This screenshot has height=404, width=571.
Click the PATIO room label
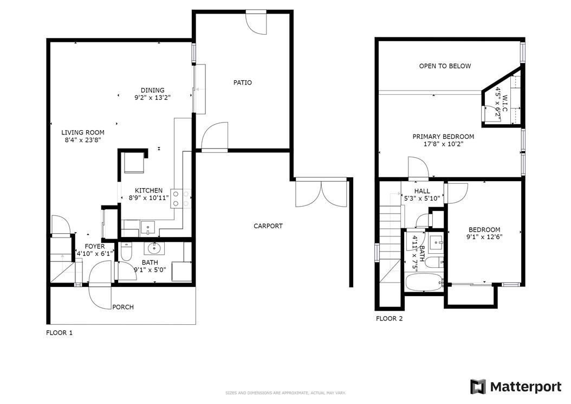[243, 82]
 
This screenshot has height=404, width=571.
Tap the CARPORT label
[268, 226]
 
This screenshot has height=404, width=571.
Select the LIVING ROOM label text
[83, 132]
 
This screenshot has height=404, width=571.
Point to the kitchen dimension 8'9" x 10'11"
[148, 198]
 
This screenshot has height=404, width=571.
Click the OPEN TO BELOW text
[445, 66]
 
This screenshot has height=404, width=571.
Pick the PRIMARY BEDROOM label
[443, 136]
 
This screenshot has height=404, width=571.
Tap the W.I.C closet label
[505, 104]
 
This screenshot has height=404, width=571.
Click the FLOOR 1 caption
[60, 332]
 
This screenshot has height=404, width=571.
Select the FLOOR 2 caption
[390, 318]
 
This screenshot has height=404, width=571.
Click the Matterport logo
[516, 387]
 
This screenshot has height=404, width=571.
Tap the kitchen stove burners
[181, 198]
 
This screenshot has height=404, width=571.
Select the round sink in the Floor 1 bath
[154, 249]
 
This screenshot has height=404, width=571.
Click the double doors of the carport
[321, 193]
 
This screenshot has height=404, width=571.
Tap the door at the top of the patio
[256, 23]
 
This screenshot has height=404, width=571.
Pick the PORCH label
[123, 307]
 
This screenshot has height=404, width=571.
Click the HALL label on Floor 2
[422, 191]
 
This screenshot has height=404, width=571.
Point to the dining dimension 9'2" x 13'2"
[153, 98]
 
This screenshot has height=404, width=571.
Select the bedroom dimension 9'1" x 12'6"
[484, 237]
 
